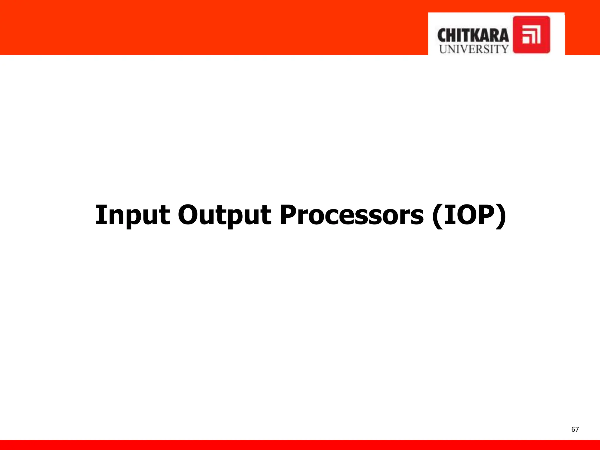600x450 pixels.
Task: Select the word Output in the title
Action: [x=224, y=215]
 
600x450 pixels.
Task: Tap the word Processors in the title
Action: [x=352, y=215]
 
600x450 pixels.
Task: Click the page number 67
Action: [x=575, y=429]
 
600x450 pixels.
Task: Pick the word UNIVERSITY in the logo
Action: [x=473, y=49]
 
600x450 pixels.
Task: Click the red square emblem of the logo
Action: [x=531, y=35]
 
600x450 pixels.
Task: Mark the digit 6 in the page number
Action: [x=573, y=429]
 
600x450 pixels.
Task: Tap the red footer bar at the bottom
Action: [x=300, y=445]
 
